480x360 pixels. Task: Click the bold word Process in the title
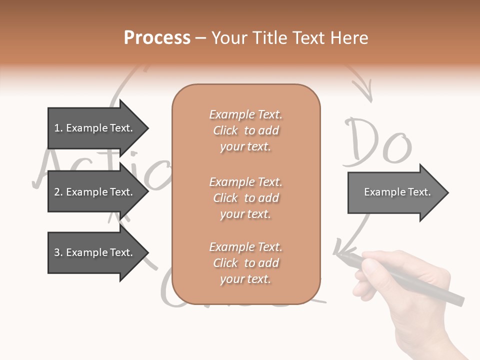[157, 38]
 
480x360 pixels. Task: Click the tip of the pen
[338, 254]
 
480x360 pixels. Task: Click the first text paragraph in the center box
[245, 130]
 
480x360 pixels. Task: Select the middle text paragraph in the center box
[245, 198]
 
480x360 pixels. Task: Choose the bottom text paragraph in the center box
[245, 263]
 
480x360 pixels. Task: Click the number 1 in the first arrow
[56, 128]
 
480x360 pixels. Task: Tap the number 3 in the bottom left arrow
[56, 252]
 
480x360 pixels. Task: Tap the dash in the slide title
[201, 38]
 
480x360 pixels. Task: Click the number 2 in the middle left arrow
[56, 192]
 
